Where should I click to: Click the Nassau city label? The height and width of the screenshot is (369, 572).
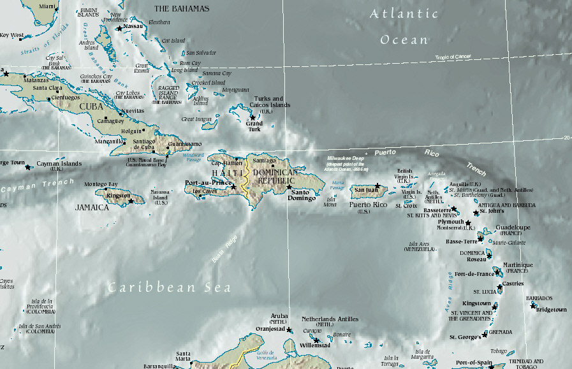133,27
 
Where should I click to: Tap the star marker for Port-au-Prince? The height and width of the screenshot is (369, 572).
233,187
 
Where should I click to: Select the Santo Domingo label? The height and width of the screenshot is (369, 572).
302,195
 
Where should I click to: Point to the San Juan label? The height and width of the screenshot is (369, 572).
367,189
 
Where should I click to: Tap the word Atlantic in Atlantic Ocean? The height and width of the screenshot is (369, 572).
404,13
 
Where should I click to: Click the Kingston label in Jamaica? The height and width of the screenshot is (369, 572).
119,196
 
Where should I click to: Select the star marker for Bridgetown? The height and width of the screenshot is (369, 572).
533,305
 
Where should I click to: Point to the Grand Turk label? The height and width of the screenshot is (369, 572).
254,126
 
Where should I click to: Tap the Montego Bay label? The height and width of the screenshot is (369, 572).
101,184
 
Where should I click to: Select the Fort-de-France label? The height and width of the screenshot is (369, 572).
474,274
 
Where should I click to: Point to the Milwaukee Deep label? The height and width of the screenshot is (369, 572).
348,157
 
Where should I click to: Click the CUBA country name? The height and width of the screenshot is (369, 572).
91,107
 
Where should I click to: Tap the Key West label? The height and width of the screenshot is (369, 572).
11,36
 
